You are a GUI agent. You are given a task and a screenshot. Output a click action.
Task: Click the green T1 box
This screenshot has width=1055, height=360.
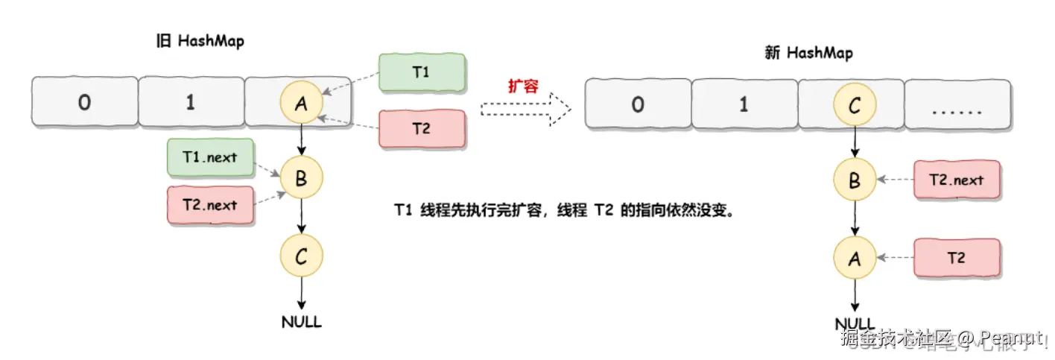coord(422,72)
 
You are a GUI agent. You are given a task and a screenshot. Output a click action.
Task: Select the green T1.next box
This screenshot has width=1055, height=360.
coord(211,157)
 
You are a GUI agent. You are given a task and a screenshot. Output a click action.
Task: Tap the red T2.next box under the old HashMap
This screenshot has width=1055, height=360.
coord(211,205)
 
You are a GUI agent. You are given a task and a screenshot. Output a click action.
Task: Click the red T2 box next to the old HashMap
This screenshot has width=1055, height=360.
coord(422,129)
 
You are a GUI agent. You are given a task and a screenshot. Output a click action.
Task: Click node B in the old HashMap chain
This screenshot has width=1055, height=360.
coord(301,178)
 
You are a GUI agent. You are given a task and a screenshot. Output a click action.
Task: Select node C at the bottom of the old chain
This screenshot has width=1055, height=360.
coord(301,257)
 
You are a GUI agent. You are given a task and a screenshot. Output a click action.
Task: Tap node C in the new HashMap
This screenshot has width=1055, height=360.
coord(854,105)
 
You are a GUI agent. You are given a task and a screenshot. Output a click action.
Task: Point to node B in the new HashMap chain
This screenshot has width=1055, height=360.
coord(854,180)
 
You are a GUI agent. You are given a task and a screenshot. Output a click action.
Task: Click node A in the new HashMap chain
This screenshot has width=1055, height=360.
coord(854,259)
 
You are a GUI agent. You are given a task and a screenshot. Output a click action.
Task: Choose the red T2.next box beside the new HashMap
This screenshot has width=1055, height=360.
coord(957,180)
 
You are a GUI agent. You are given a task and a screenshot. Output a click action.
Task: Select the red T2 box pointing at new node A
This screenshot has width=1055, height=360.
coord(957,258)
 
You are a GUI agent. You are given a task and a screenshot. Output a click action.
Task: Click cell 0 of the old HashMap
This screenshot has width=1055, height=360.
coord(84,102)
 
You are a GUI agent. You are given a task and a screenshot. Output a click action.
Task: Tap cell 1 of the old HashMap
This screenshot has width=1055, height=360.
coord(191,102)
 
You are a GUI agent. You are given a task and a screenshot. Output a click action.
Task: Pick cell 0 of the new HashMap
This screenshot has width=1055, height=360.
coord(638,105)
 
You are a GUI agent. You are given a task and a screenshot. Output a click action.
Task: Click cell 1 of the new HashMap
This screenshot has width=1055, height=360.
coord(744,105)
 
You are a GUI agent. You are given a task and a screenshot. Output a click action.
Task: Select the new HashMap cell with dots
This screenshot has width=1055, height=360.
coord(957,105)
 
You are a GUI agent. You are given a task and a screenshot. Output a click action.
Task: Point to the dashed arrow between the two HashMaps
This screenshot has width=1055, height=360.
coord(525,110)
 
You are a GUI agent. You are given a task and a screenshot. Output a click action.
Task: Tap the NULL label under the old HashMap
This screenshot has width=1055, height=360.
coord(302,322)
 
